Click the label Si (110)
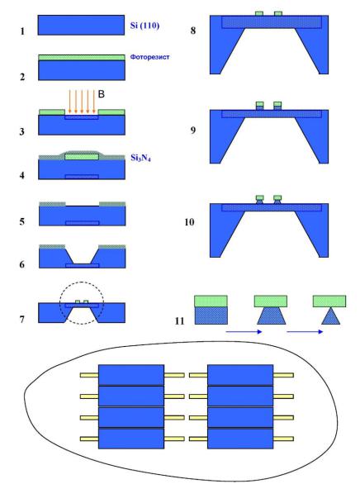tap(144, 26)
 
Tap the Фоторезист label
tap(149, 57)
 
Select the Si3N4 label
tap(140, 158)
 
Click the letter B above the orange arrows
tap(102, 94)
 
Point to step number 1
tap(22, 31)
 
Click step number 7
tap(22, 319)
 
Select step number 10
tap(189, 222)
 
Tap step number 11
tap(179, 321)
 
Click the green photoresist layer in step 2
tap(82, 58)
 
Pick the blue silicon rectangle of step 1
tap(81, 25)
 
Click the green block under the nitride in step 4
tap(82, 156)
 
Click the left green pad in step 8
tap(259, 13)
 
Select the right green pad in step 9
tap(277, 104)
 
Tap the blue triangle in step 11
tap(331, 316)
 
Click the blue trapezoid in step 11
tap(272, 316)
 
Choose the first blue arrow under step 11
tap(244, 331)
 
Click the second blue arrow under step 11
tap(305, 331)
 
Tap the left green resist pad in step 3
tap(52, 112)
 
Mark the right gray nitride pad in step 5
tap(112, 204)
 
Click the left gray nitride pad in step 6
tap(52, 246)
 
